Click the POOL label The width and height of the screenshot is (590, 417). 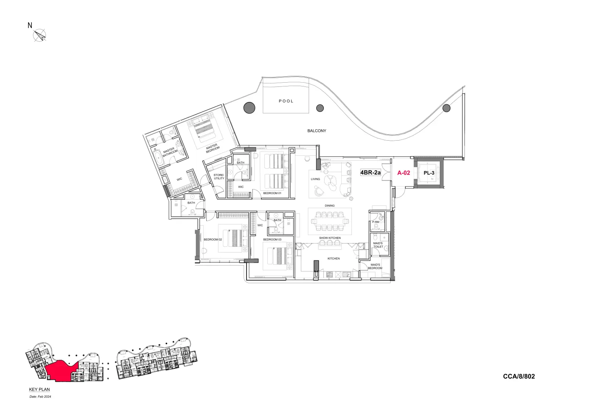286,101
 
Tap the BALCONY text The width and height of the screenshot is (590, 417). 317,131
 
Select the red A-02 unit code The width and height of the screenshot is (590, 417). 403,172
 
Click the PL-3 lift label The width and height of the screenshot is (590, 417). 429,173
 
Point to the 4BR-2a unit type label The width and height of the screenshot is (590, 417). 370,172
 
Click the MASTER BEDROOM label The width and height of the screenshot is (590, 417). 212,148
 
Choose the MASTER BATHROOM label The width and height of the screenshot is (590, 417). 169,152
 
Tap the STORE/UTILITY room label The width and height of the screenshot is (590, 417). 219,177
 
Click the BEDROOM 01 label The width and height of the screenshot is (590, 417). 272,193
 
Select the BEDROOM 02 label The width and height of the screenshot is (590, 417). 212,240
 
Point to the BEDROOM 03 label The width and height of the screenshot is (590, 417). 272,240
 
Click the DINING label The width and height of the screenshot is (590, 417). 330,206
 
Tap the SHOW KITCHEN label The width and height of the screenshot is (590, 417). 330,238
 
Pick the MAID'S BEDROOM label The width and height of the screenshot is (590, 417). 375,267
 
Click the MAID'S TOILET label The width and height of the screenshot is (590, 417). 378,245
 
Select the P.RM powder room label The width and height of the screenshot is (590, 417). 375,222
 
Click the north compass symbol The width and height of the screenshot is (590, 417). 39,35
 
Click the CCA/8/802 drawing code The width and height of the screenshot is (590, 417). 519,376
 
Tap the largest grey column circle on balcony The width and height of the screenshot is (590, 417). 249,108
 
